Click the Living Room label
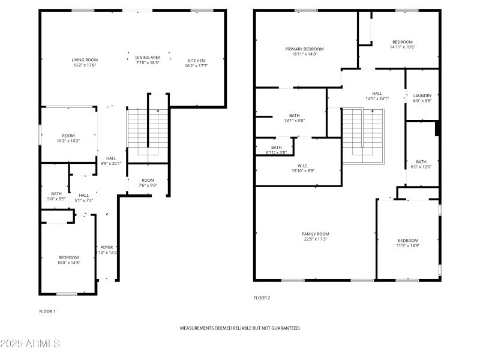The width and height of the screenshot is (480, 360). click(x=85, y=60)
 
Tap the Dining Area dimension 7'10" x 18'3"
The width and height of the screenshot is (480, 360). click(x=148, y=62)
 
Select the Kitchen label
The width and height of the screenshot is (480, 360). click(x=197, y=61)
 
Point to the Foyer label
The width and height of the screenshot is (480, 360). click(x=107, y=247)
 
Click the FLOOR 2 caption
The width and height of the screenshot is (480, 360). click(x=262, y=298)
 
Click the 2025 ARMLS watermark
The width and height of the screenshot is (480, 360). click(x=30, y=344)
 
